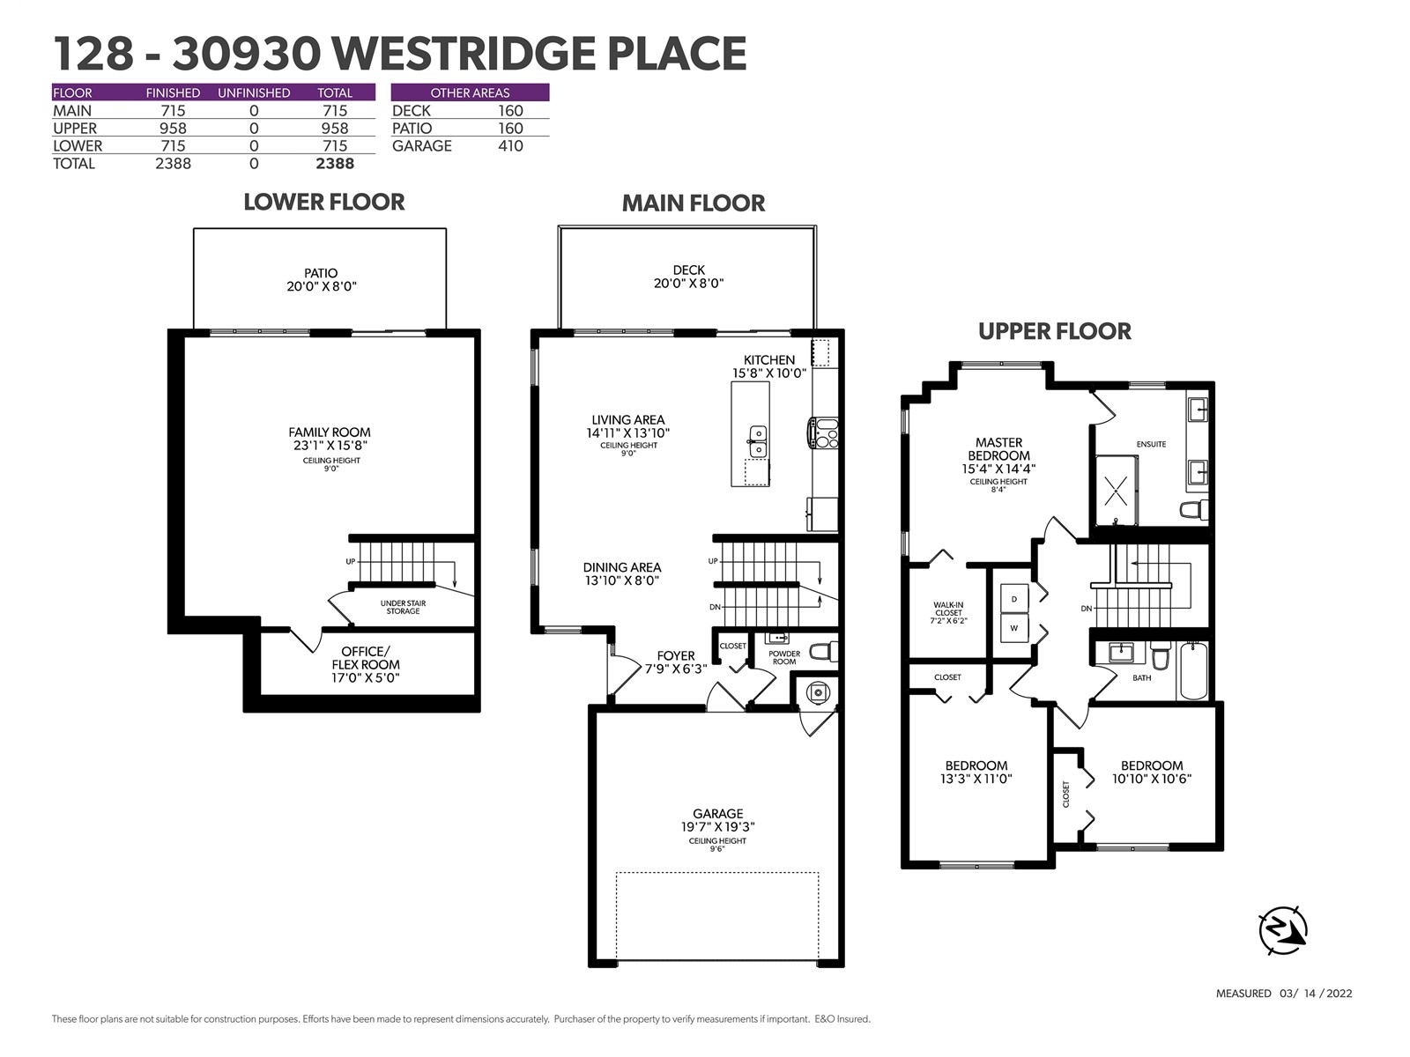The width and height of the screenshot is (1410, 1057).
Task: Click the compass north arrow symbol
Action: pyautogui.click(x=1282, y=930)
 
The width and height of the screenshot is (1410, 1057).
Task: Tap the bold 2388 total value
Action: pyautogui.click(x=335, y=164)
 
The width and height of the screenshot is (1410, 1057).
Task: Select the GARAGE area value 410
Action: pyautogui.click(x=510, y=145)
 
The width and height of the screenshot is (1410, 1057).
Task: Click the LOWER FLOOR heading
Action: pyautogui.click(x=323, y=203)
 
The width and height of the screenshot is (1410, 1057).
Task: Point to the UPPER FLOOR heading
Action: pyautogui.click(x=1054, y=331)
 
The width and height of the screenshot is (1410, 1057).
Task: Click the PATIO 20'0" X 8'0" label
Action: pyautogui.click(x=321, y=280)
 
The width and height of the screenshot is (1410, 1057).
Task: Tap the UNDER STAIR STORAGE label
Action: pyautogui.click(x=403, y=607)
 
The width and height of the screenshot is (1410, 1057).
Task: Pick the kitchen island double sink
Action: pyautogui.click(x=757, y=441)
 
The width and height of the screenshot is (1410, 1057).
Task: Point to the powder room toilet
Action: pyautogui.click(x=823, y=652)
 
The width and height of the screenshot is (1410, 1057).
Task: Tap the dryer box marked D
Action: pyautogui.click(x=1014, y=599)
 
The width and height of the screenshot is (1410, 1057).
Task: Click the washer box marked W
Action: pyautogui.click(x=1014, y=628)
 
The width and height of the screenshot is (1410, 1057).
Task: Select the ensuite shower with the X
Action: pyautogui.click(x=1117, y=491)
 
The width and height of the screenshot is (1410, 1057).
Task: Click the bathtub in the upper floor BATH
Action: pyautogui.click(x=1193, y=671)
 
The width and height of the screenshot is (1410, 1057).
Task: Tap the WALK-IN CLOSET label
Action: pyautogui.click(x=948, y=613)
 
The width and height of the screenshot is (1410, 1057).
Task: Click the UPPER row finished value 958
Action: pyautogui.click(x=174, y=129)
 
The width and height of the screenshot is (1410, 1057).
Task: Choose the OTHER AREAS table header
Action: pyautogui.click(x=470, y=92)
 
